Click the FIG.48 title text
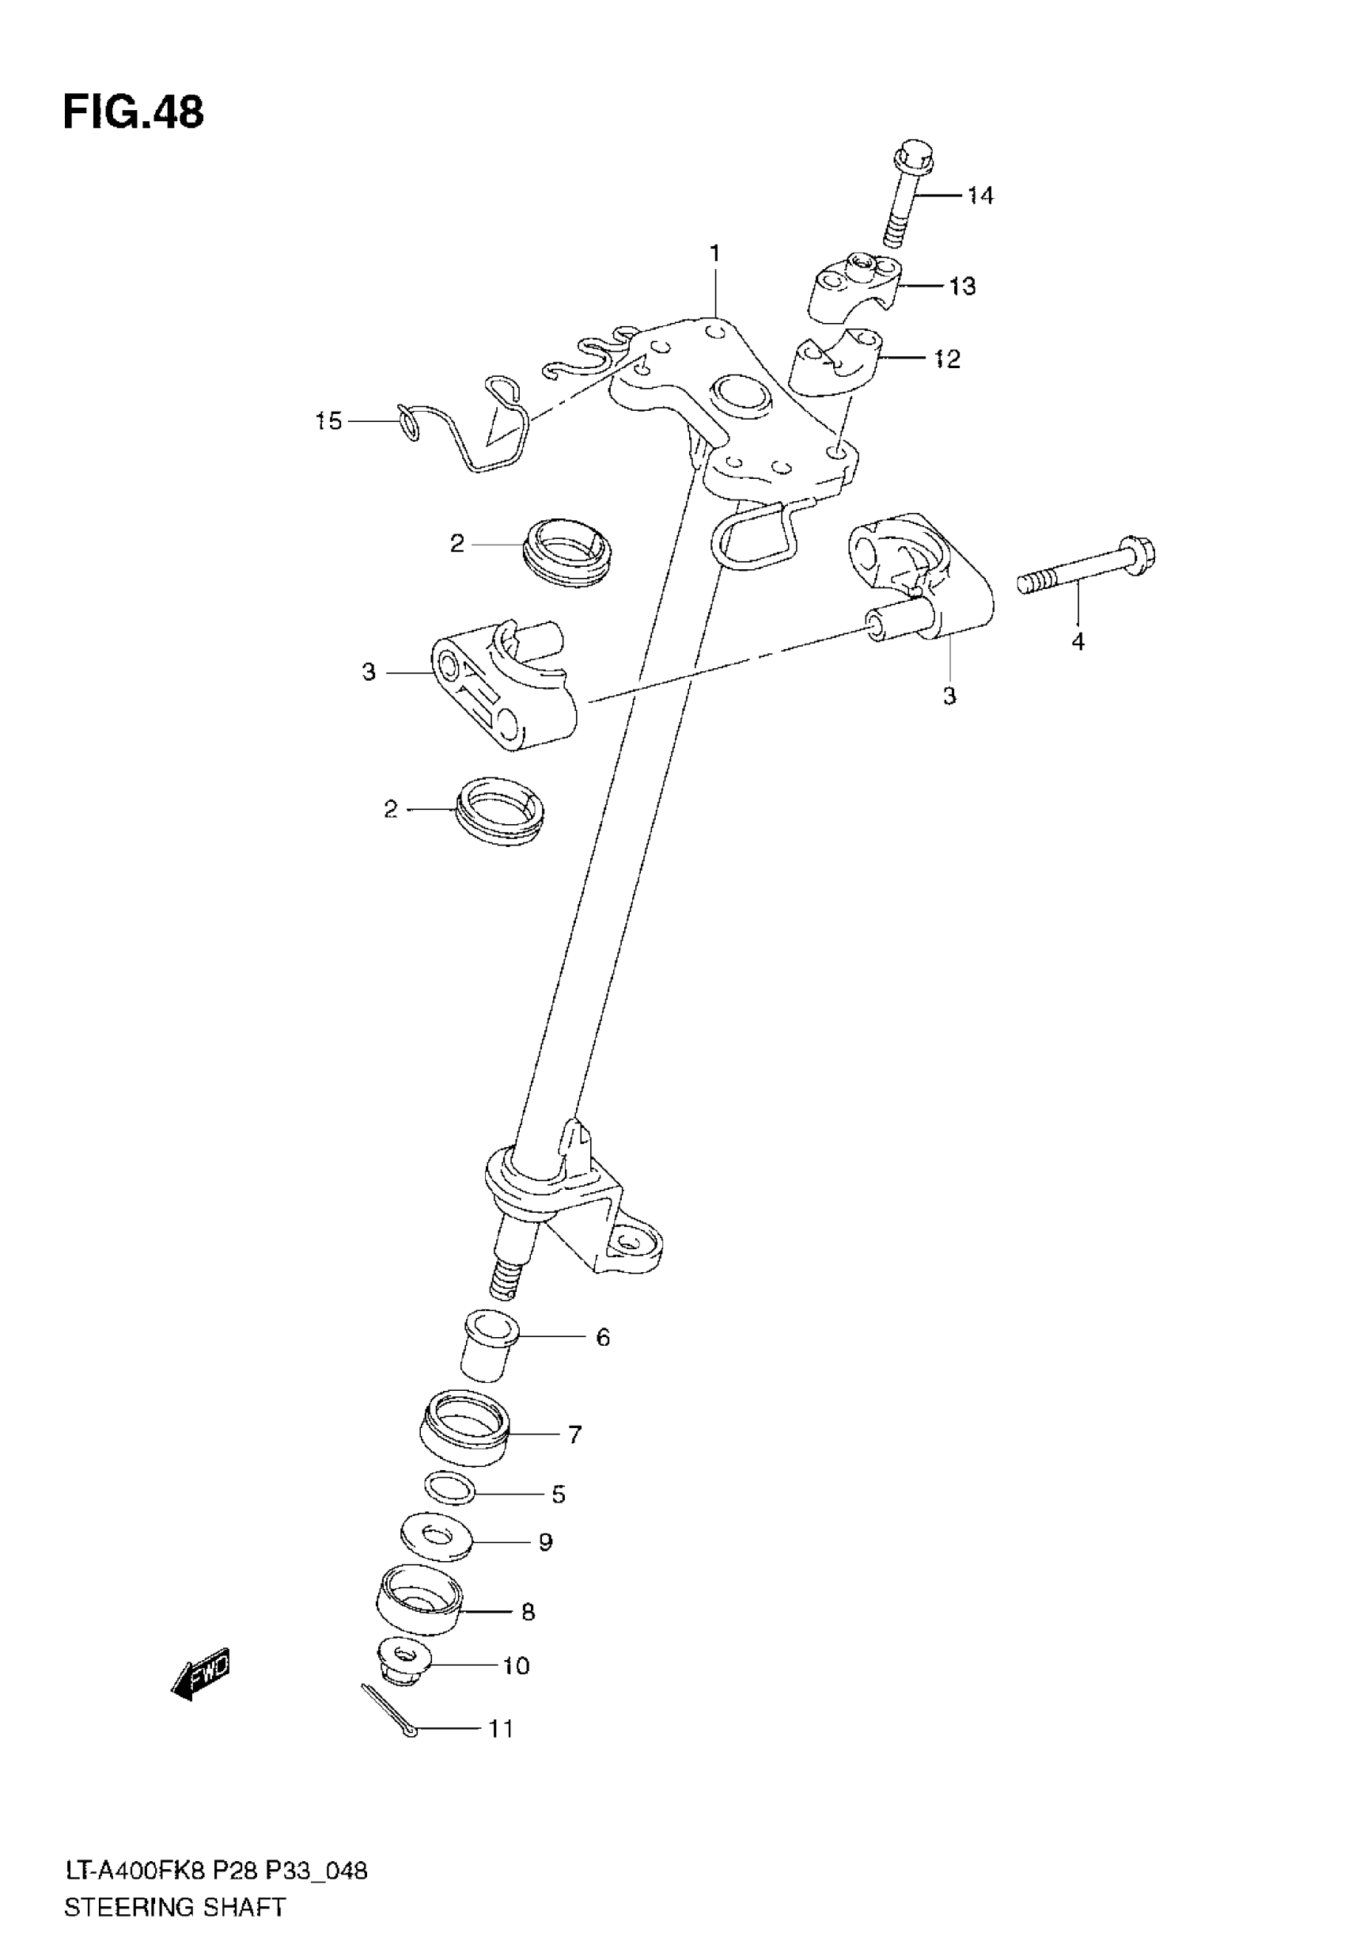133,113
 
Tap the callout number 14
980,196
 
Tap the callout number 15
328,420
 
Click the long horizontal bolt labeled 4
1087,569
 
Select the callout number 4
1077,641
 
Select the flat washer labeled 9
435,1536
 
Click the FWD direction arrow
199,1673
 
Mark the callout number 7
574,1434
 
